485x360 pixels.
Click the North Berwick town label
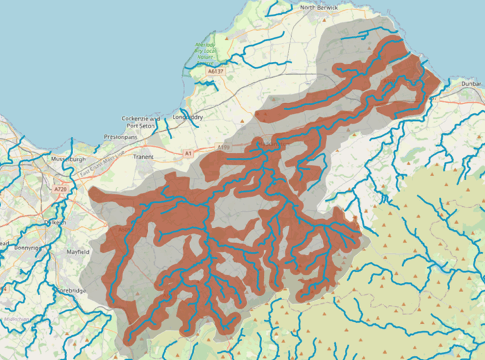pos(320,8)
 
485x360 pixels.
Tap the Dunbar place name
pos(470,83)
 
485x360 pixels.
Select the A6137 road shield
pos(217,72)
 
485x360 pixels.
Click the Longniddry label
pos(188,117)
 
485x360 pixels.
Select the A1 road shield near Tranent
pos(188,153)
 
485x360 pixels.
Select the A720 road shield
pos(60,189)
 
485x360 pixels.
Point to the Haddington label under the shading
pos(274,144)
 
